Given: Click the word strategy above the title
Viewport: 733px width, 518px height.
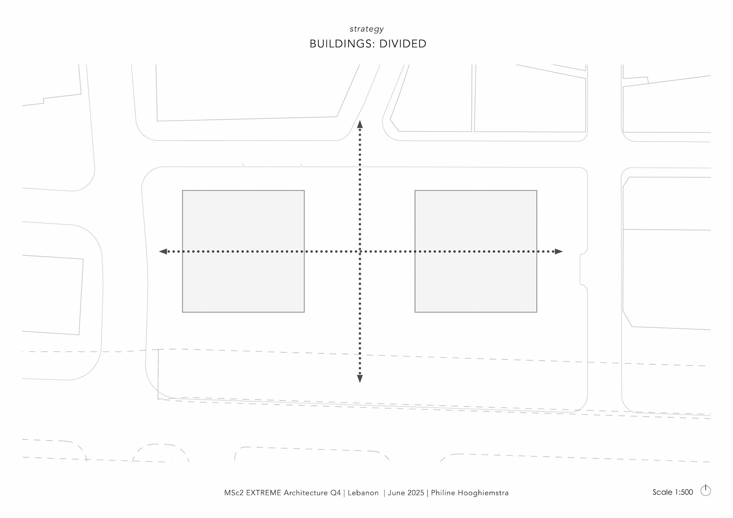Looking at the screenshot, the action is point(366,29).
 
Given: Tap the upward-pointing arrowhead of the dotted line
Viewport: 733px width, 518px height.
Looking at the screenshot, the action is point(360,124).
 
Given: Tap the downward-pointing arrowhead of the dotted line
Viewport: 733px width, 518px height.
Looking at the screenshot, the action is point(360,378).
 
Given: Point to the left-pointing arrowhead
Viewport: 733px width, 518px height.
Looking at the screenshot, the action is point(163,251).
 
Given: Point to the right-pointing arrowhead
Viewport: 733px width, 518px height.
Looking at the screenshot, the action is point(559,251).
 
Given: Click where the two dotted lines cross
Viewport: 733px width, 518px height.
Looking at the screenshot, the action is point(360,251).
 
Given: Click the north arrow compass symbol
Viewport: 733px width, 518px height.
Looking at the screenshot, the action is point(706,491).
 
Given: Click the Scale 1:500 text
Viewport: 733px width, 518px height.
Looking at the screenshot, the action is point(672,492).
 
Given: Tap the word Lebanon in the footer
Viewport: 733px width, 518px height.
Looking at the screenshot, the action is point(363,493).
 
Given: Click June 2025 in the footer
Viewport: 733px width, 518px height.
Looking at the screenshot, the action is point(406,493).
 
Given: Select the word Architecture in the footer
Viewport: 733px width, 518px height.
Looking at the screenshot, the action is point(305,493).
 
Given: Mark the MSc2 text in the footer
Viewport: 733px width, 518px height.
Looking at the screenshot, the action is point(234,493).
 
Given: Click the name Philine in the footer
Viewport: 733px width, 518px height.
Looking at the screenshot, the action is point(443,493).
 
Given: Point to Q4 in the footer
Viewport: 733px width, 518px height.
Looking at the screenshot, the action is point(336,493).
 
